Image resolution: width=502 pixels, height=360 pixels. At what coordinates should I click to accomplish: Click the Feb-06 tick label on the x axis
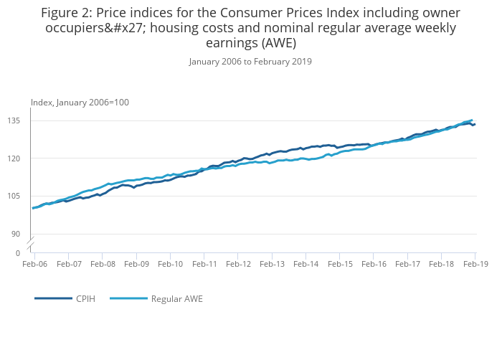pos(34,264)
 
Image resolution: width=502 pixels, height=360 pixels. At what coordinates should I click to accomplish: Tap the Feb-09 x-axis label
pos(136,264)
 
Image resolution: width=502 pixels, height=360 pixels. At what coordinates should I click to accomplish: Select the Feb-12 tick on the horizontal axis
pos(238,264)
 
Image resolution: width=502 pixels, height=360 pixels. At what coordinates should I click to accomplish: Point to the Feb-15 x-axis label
pos(340,264)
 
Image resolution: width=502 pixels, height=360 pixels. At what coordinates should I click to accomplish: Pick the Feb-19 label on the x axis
pos(475,264)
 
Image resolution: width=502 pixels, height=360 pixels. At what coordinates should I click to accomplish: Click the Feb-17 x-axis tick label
pos(407,264)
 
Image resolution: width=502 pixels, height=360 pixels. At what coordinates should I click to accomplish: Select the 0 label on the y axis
pos(18,253)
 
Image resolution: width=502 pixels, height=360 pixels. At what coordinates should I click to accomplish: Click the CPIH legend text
pos(85,298)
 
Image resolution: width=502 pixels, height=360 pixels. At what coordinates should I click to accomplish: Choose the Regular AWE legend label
pos(176,298)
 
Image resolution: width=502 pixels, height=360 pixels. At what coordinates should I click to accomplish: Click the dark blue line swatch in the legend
pos(53,298)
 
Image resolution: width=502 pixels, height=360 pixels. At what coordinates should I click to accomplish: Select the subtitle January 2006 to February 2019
pos(250,62)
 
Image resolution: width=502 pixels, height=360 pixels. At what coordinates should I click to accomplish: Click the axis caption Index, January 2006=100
pos(80,103)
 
